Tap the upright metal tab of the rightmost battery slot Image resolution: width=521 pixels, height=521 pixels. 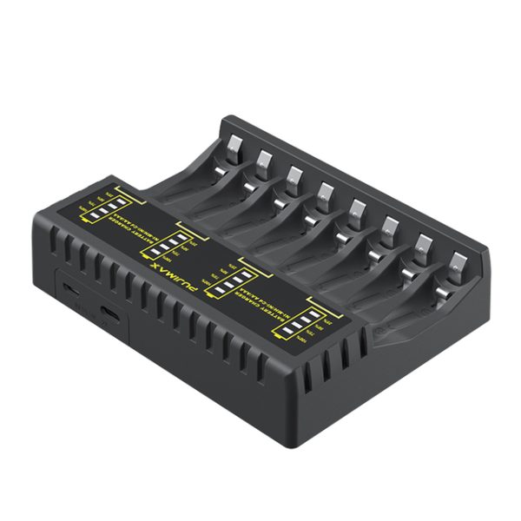[457, 260]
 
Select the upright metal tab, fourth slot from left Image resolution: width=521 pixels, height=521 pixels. [326, 191]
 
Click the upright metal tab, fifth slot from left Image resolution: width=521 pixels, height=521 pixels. [357, 208]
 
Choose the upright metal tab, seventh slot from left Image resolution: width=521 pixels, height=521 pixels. [424, 243]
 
